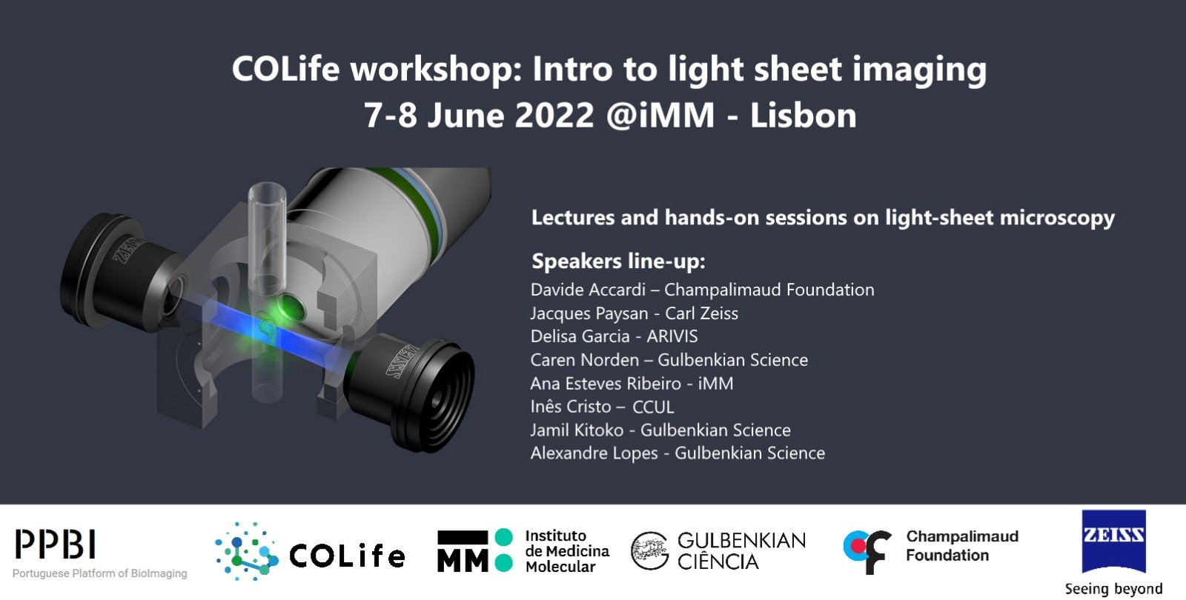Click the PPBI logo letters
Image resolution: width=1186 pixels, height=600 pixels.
point(55,544)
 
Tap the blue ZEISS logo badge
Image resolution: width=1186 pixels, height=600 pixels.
point(1113,541)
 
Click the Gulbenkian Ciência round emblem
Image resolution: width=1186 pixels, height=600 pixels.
point(649,551)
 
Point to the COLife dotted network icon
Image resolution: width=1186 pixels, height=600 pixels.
point(247,551)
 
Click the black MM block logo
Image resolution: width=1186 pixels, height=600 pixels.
point(463,551)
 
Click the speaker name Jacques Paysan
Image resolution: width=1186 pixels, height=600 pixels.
point(589,314)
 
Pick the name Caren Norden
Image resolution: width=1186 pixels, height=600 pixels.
point(585,360)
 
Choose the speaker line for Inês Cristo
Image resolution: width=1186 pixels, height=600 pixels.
point(602,407)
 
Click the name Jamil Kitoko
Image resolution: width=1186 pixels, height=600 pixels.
point(577,430)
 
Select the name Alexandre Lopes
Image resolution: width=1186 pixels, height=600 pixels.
point(594,453)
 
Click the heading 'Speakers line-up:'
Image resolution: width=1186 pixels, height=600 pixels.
point(618,261)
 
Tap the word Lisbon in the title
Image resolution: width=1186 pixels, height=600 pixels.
point(804,116)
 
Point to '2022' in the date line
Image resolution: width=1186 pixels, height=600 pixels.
point(554,116)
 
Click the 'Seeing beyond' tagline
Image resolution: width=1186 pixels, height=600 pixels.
point(1113,589)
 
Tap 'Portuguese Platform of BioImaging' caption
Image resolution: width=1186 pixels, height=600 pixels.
point(99,573)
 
